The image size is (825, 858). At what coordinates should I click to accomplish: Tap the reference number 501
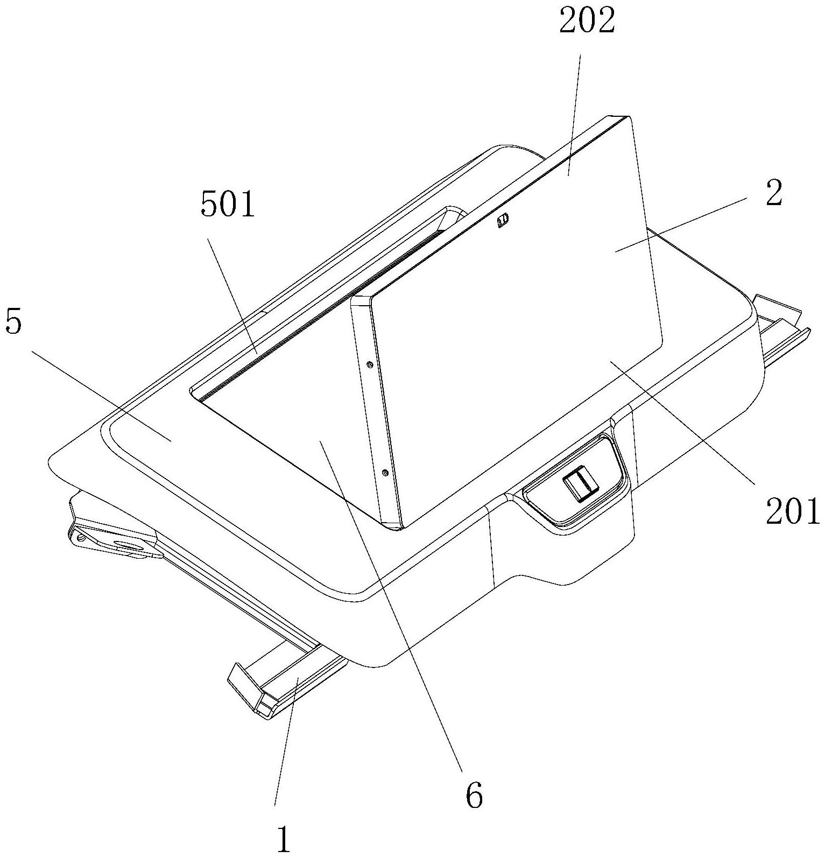pos(228,206)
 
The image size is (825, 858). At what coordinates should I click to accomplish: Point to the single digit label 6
pos(474,796)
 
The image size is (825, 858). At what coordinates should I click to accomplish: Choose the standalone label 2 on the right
pos(773,194)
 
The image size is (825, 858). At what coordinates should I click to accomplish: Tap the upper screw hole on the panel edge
pos(369,364)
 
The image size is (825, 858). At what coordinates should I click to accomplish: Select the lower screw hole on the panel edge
pos(384,473)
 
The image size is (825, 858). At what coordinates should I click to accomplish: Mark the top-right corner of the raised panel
pos(627,117)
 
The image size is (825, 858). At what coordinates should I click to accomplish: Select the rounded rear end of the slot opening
pos(455,211)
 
